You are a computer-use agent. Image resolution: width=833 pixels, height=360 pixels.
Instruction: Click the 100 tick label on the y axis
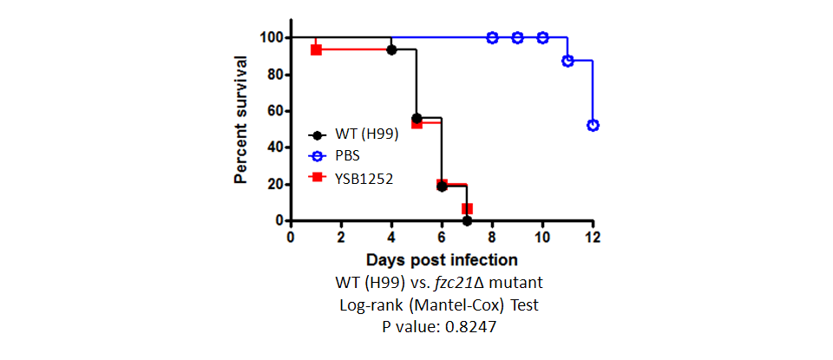pos(268,37)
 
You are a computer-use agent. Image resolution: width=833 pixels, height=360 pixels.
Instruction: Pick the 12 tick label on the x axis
pos(593,237)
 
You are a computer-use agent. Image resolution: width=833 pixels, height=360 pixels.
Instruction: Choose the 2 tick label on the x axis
pos(341,237)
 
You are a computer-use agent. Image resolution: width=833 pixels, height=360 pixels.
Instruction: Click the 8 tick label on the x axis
pos(492,237)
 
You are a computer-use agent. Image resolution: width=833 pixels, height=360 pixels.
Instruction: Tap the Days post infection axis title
pos(442,259)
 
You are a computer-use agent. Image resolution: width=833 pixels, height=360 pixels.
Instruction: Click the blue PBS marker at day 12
pos(593,126)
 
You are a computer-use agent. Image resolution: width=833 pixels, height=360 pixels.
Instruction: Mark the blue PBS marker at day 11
pos(567,61)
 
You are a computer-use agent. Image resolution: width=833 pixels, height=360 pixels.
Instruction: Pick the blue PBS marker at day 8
pos(492,37)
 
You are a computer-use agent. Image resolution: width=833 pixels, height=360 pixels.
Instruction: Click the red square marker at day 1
pos(316,49)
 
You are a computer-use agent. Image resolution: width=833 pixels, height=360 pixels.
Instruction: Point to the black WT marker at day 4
pos(391,49)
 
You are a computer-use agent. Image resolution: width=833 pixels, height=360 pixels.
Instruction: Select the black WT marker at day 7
pos(467,220)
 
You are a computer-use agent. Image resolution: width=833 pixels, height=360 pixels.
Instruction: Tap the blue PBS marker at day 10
pos(542,37)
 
